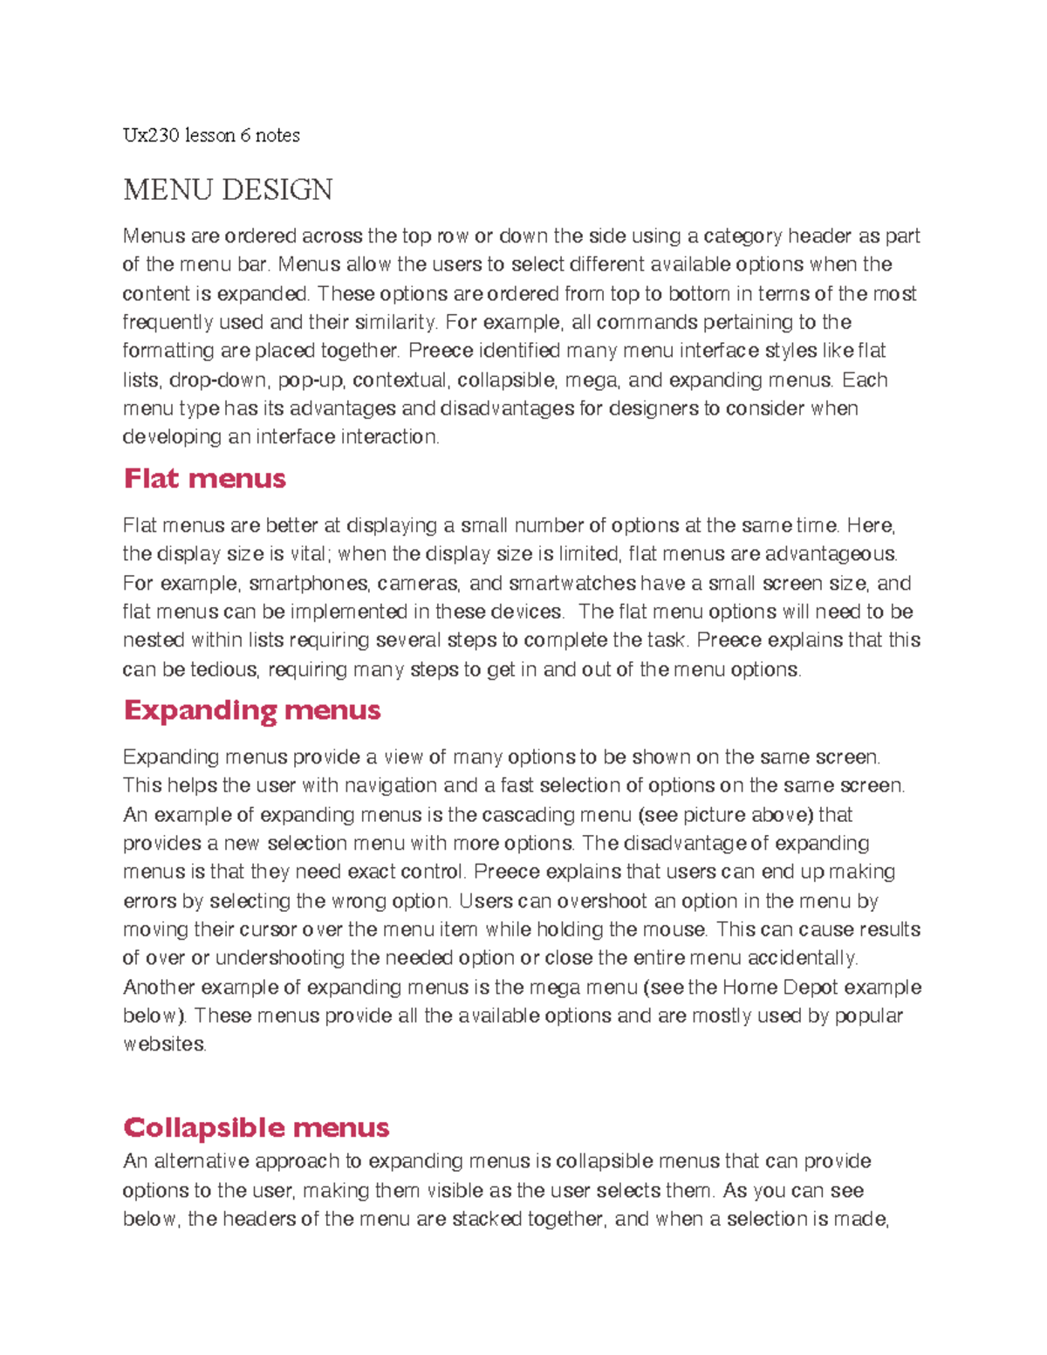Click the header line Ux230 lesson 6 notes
click(x=211, y=135)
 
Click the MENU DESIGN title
click(x=228, y=189)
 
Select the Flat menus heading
click(x=204, y=478)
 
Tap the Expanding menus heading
click(x=251, y=710)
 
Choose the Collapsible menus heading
click(x=256, y=1127)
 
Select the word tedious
click(x=224, y=670)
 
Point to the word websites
click(x=164, y=1044)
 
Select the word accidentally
click(x=802, y=958)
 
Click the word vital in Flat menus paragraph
click(x=309, y=554)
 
